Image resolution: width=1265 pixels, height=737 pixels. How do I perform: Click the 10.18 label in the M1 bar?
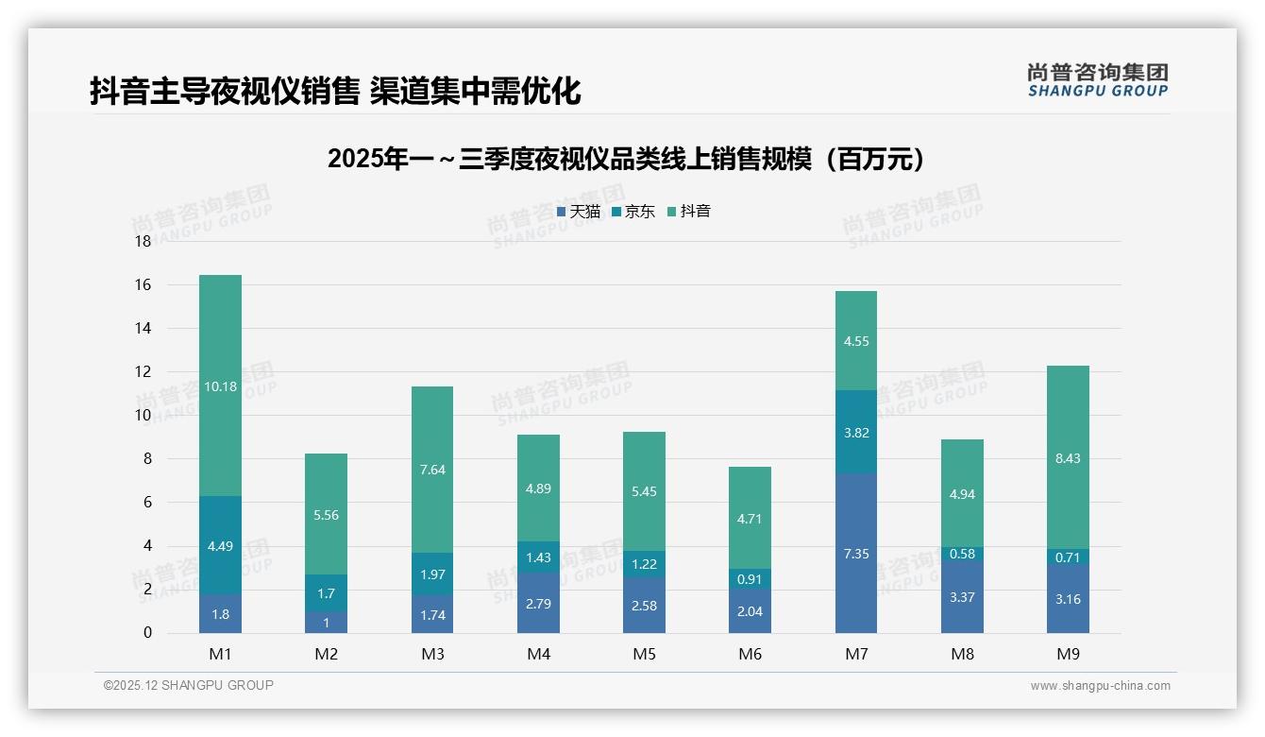(220, 386)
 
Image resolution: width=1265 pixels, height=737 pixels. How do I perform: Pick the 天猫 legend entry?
(579, 212)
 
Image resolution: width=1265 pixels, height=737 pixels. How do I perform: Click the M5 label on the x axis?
(644, 654)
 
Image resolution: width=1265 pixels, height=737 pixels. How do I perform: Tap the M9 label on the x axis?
(1068, 654)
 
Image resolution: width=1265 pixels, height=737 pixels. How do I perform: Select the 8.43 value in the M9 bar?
(1068, 458)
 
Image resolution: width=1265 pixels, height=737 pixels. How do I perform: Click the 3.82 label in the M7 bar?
(856, 433)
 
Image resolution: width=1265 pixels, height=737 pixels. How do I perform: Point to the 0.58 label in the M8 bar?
(962, 554)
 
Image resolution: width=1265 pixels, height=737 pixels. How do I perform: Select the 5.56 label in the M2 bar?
(326, 515)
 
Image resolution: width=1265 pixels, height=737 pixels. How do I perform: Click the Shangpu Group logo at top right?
(1097, 80)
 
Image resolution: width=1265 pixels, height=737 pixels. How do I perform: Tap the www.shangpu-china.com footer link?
(1100, 686)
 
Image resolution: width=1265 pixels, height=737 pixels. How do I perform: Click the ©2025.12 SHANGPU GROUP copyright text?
(189, 685)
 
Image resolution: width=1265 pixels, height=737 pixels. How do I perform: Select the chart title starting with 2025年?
(631, 159)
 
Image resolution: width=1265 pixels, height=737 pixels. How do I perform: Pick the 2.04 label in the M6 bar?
(750, 611)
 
